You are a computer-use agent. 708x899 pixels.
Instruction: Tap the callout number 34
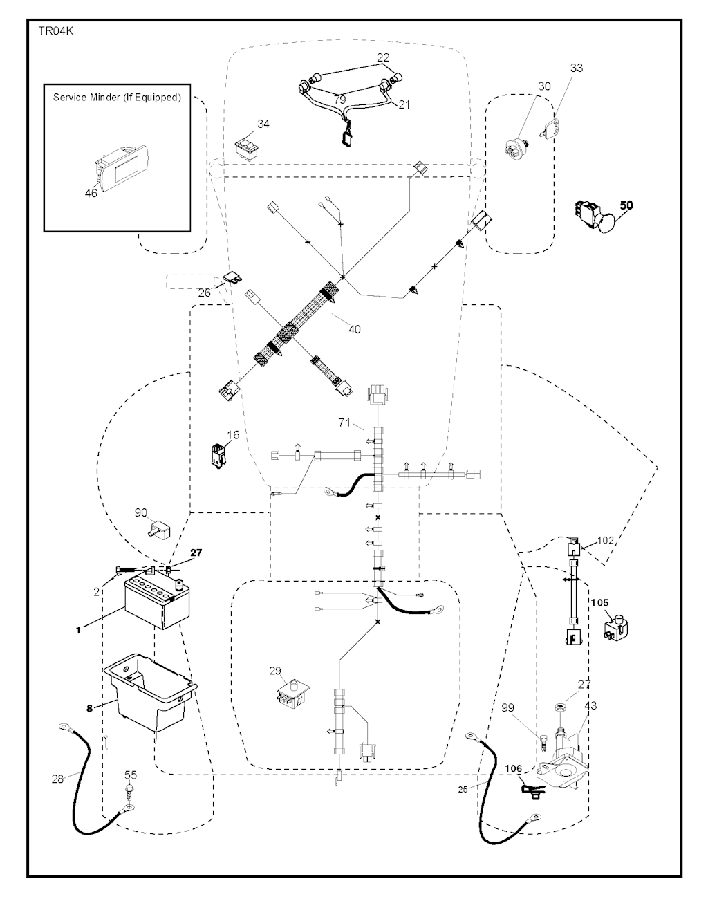243,124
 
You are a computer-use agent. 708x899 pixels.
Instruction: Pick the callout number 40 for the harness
354,329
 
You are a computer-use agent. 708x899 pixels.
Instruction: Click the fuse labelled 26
232,280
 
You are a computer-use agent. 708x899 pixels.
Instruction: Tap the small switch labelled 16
219,454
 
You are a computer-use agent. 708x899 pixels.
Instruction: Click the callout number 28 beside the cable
57,779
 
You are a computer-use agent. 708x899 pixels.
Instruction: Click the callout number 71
344,422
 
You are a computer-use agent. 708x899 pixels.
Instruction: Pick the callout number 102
605,541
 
